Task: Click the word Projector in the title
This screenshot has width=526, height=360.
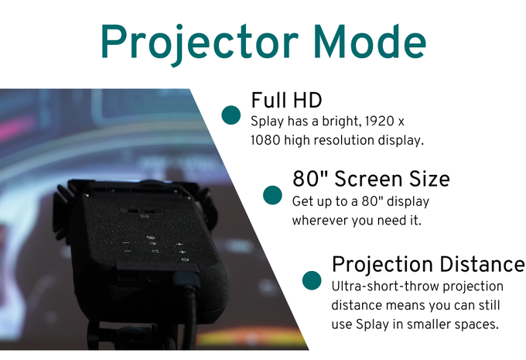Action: (199, 43)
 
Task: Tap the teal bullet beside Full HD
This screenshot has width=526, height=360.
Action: (231, 115)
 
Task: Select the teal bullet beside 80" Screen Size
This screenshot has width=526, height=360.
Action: (272, 195)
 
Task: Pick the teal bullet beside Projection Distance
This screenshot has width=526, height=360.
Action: (312, 280)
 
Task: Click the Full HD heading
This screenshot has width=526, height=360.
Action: (286, 100)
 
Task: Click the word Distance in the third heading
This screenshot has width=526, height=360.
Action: (482, 264)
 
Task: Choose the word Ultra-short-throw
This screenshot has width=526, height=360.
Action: (385, 286)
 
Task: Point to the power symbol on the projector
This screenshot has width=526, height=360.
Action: (185, 259)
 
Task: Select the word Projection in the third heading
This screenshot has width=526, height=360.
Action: (382, 265)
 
